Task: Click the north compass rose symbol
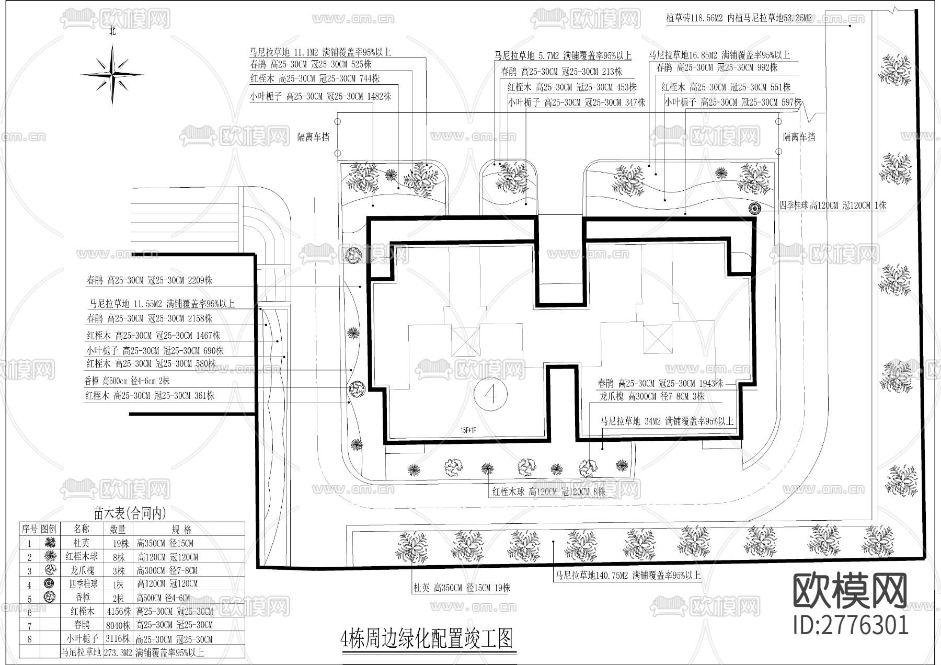(x=112, y=74)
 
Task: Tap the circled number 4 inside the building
(x=490, y=394)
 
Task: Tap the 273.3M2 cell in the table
(x=119, y=652)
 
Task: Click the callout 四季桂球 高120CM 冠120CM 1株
(x=833, y=205)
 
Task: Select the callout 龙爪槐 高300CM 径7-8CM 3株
(x=652, y=397)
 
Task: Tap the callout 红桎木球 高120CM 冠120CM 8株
(x=548, y=491)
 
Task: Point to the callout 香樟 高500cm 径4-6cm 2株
(x=127, y=381)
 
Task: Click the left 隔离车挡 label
(x=313, y=137)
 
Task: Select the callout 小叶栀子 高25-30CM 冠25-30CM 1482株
(x=320, y=96)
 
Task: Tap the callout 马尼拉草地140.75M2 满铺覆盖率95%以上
(x=628, y=576)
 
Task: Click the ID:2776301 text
(x=851, y=624)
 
